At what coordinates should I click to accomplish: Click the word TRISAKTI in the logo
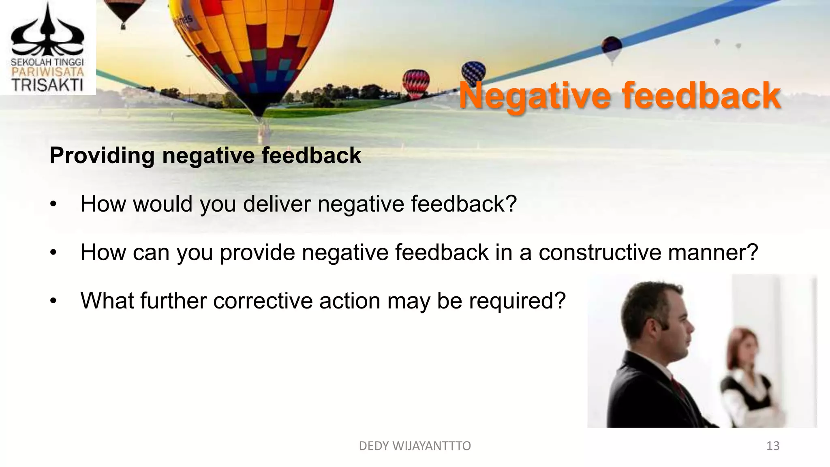coord(47,86)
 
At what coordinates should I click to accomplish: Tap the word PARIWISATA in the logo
coord(47,72)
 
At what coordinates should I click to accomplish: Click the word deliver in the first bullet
coord(278,204)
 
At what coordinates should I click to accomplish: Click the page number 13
coord(773,446)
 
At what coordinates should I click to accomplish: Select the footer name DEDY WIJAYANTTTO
coord(415,446)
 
